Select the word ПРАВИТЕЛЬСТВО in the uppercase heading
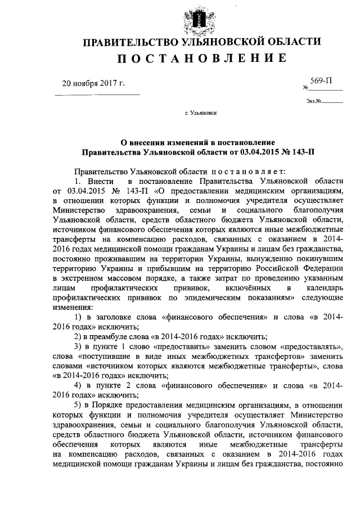130,43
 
